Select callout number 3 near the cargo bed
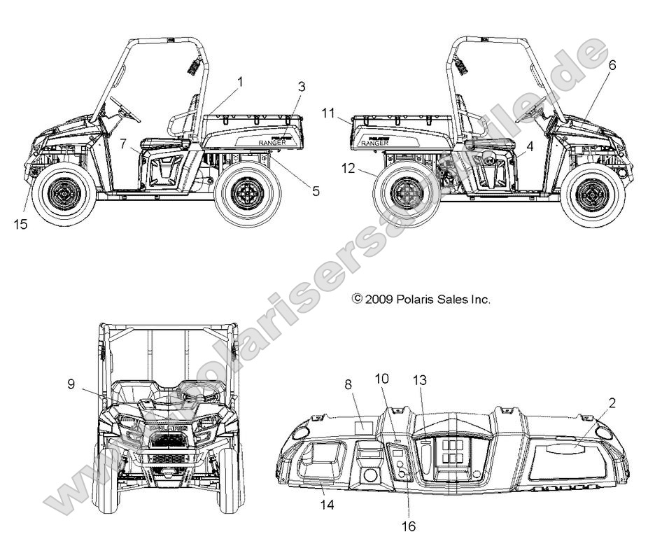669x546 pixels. point(302,87)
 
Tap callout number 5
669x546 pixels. point(315,190)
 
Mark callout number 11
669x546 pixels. point(330,112)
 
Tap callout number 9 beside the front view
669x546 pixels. point(71,383)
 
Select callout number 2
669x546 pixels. point(612,402)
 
